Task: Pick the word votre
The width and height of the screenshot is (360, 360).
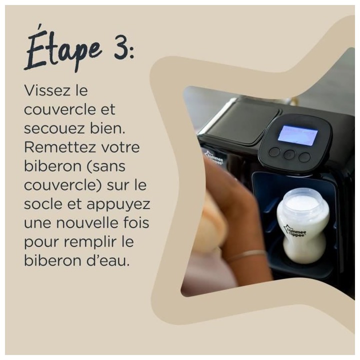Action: tap(123, 148)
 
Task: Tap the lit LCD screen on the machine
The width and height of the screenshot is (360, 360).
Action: tap(298, 135)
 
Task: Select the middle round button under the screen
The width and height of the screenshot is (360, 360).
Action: tap(289, 155)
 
